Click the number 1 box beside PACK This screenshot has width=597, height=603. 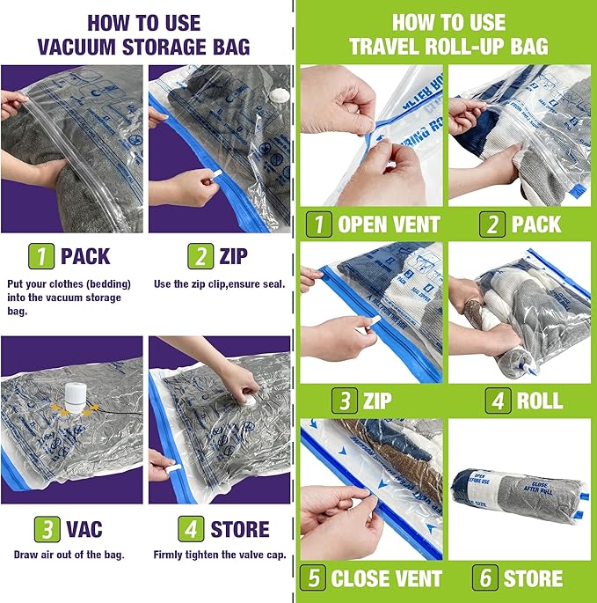point(41,256)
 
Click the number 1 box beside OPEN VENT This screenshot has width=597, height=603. point(317,224)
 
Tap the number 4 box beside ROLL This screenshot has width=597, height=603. point(497,401)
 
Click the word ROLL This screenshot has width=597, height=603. point(539,401)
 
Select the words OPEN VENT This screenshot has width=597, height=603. point(388,224)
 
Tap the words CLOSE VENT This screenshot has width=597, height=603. point(386,578)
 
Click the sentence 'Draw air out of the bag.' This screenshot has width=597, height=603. point(69,555)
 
